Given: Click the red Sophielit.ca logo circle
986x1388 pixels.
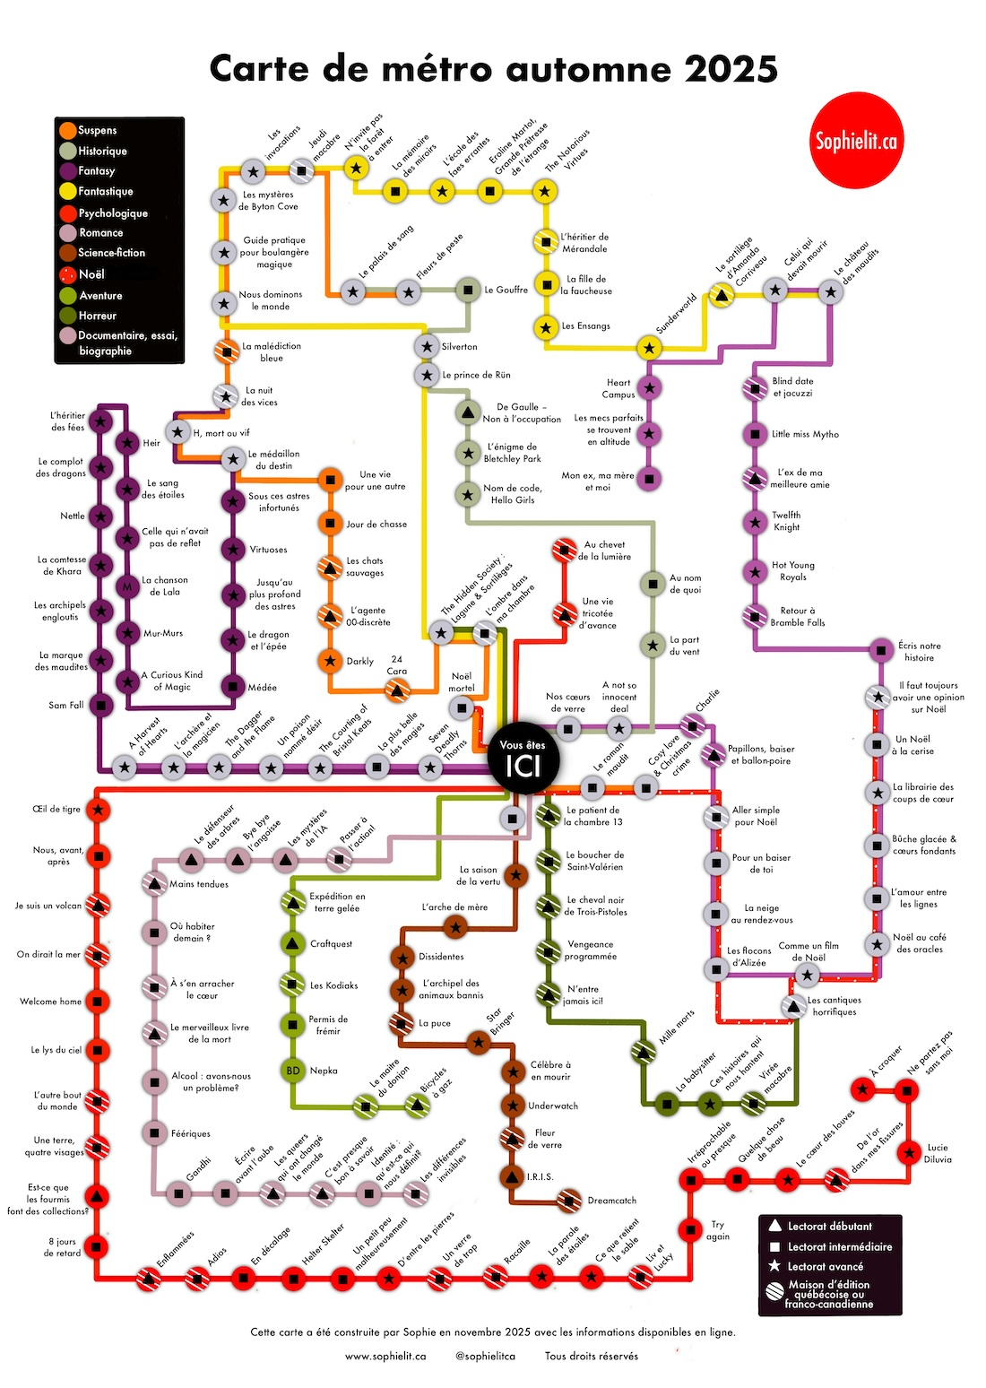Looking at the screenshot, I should pyautogui.click(x=854, y=140).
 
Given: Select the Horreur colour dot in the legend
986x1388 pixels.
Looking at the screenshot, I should pyautogui.click(x=67, y=316).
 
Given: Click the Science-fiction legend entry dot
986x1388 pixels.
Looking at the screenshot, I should pyautogui.click(x=67, y=253).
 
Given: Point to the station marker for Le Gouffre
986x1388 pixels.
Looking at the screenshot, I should pyautogui.click(x=466, y=290).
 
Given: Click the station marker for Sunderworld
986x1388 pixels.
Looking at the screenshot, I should pyautogui.click(x=649, y=348).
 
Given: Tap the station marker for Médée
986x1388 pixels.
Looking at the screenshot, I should pyautogui.click(x=233, y=687).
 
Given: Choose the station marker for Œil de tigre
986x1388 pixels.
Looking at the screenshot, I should pyautogui.click(x=99, y=810).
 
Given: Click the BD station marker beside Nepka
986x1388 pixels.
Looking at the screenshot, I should pyautogui.click(x=293, y=1070).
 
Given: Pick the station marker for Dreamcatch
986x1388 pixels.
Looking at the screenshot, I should pyautogui.click(x=568, y=1200).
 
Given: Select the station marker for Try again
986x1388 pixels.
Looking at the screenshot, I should pyautogui.click(x=690, y=1228).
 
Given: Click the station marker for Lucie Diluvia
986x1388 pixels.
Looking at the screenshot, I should pyautogui.click(x=910, y=1152).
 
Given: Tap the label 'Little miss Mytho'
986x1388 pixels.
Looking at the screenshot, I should pyautogui.click(x=805, y=434).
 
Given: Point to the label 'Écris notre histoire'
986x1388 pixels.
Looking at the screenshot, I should pyautogui.click(x=919, y=651).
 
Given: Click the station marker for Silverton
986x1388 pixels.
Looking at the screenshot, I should pyautogui.click(x=427, y=346).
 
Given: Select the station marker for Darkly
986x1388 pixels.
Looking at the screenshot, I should pyautogui.click(x=330, y=661).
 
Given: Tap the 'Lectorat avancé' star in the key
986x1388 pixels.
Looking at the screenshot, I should pyautogui.click(x=775, y=1266).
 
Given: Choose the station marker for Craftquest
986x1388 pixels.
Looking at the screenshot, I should pyautogui.click(x=293, y=943).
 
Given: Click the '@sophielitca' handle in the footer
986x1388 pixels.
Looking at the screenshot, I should pyautogui.click(x=485, y=1356).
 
